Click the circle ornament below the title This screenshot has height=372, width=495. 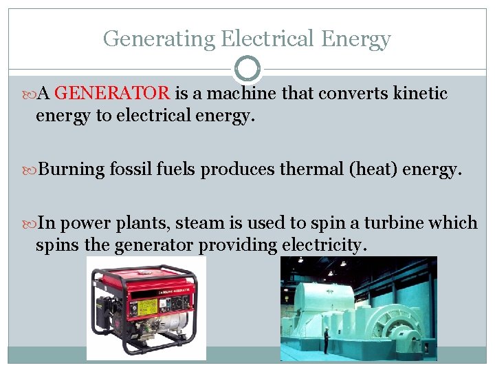pyautogui.click(x=247, y=69)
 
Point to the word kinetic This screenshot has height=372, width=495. pyautogui.click(x=420, y=94)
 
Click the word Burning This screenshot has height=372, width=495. pyautogui.click(x=72, y=169)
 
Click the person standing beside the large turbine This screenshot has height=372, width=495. pyautogui.click(x=326, y=340)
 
